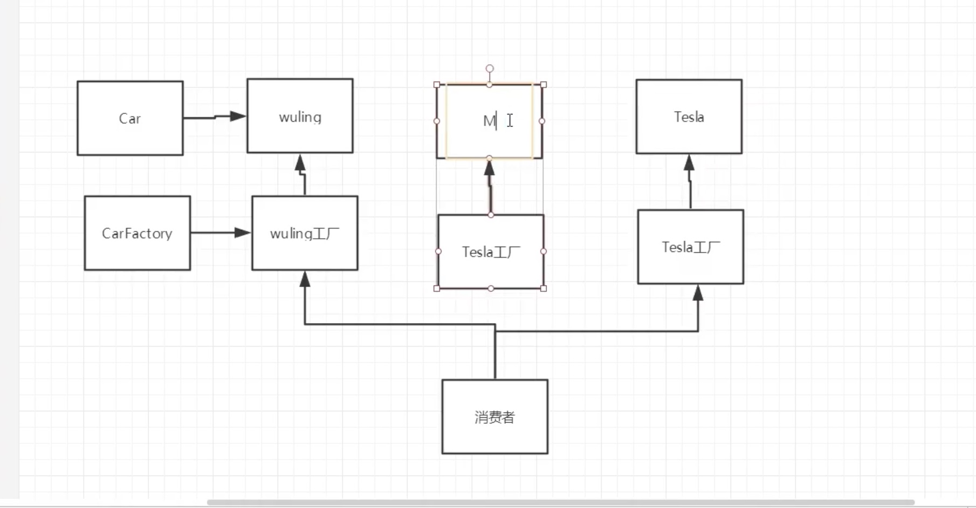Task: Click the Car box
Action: pos(130,118)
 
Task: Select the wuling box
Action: pos(300,116)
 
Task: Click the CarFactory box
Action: pos(137,233)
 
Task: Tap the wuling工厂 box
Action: pos(305,233)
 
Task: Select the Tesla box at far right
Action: pos(689,116)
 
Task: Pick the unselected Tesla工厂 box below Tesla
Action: pos(690,247)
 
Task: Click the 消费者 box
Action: pos(494,416)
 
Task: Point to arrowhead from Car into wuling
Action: pos(238,116)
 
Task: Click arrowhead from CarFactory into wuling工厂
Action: pos(243,232)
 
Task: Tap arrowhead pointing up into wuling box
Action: pos(300,163)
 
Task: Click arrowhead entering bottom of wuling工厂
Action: pos(305,279)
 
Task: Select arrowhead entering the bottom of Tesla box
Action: pos(689,163)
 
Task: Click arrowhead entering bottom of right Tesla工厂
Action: pos(698,293)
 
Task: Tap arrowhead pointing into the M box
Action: pos(489,168)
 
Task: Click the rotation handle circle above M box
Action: pos(490,68)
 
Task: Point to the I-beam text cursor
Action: pos(510,120)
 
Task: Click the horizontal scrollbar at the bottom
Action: pos(561,502)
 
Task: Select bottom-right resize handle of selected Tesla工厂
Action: pos(544,289)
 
